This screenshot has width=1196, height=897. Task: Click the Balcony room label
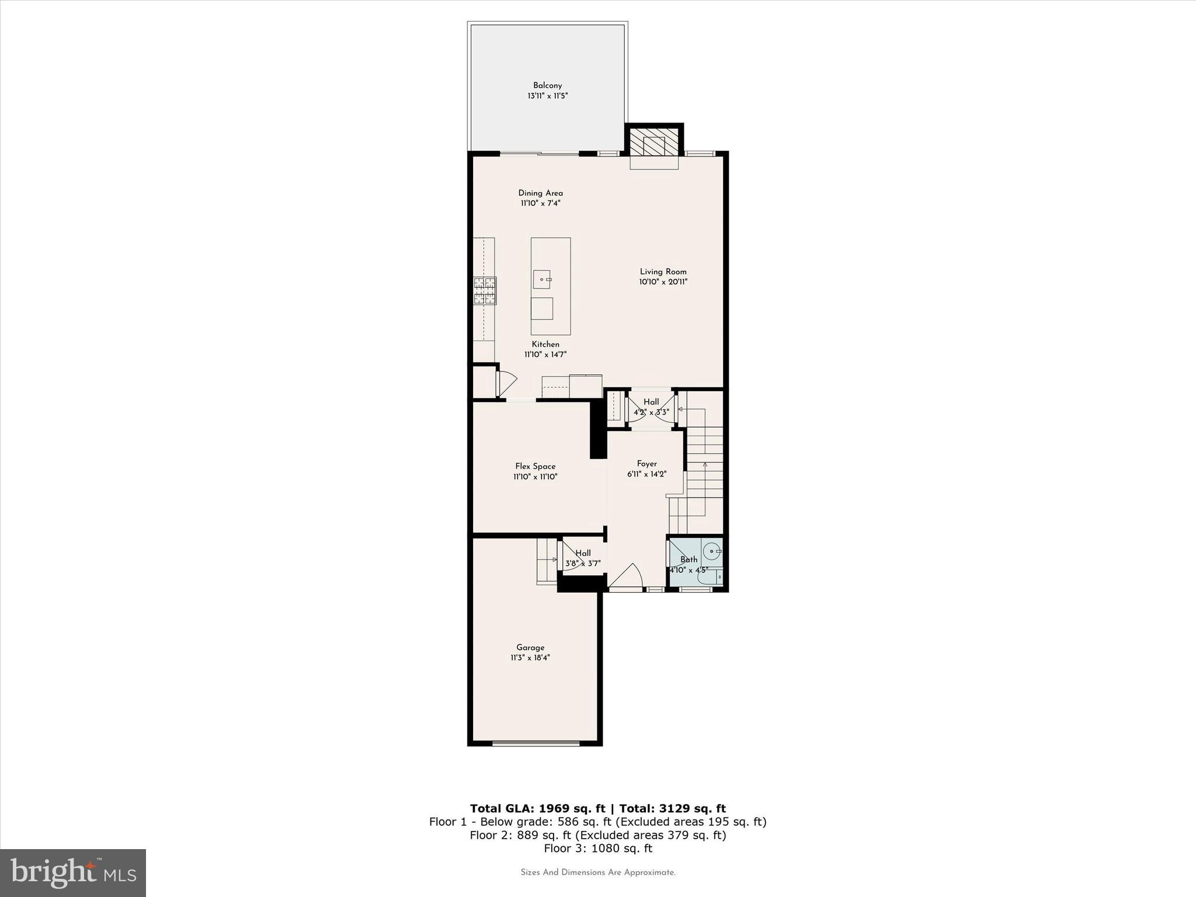click(547, 85)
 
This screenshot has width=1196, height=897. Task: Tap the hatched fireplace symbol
click(653, 142)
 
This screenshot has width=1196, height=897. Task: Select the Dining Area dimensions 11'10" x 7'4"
click(541, 203)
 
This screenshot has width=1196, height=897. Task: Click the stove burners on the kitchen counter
click(485, 291)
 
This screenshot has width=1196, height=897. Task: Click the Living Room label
click(663, 272)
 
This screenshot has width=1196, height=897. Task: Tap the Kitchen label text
click(545, 345)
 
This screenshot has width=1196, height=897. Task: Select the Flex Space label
click(535, 466)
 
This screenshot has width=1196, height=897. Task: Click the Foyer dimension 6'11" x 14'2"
click(646, 474)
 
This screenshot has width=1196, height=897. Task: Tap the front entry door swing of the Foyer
click(627, 576)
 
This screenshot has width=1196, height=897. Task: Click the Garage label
click(530, 647)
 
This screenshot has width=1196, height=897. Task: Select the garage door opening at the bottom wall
click(536, 743)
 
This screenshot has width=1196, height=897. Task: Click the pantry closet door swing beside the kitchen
click(506, 383)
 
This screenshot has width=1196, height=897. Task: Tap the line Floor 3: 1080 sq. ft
click(597, 849)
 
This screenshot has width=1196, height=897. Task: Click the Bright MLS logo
click(73, 872)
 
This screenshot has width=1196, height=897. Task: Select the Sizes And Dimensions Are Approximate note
click(597, 872)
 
